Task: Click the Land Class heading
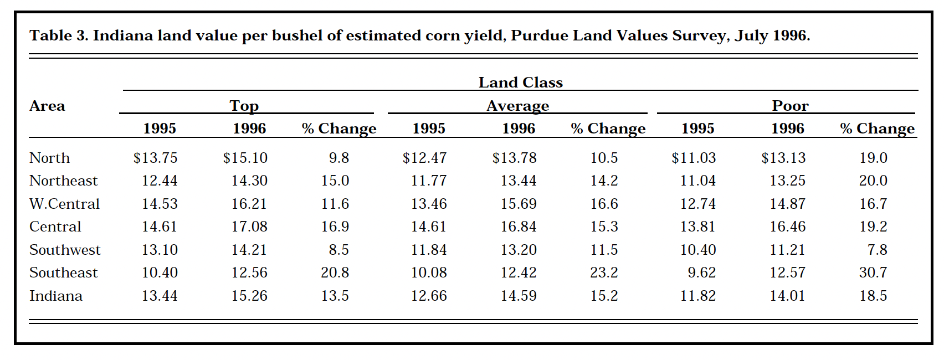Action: [x=520, y=83]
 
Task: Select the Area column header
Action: [x=47, y=106]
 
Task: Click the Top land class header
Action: [x=244, y=105]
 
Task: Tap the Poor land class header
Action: [x=790, y=105]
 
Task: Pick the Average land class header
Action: [x=517, y=105]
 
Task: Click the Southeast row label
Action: [x=63, y=272]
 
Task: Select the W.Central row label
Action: [x=64, y=204]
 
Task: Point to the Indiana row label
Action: [x=55, y=296]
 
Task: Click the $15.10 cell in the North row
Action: [x=245, y=158]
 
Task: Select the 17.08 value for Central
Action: [x=249, y=227]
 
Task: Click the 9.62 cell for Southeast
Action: [x=701, y=272]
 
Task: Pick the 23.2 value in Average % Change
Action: [x=604, y=272]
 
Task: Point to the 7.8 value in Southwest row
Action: [x=877, y=250]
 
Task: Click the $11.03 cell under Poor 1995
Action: [x=694, y=158]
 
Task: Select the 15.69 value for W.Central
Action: [x=519, y=204]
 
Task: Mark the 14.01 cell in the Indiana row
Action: [x=787, y=296]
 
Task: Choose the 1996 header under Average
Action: [x=519, y=128]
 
